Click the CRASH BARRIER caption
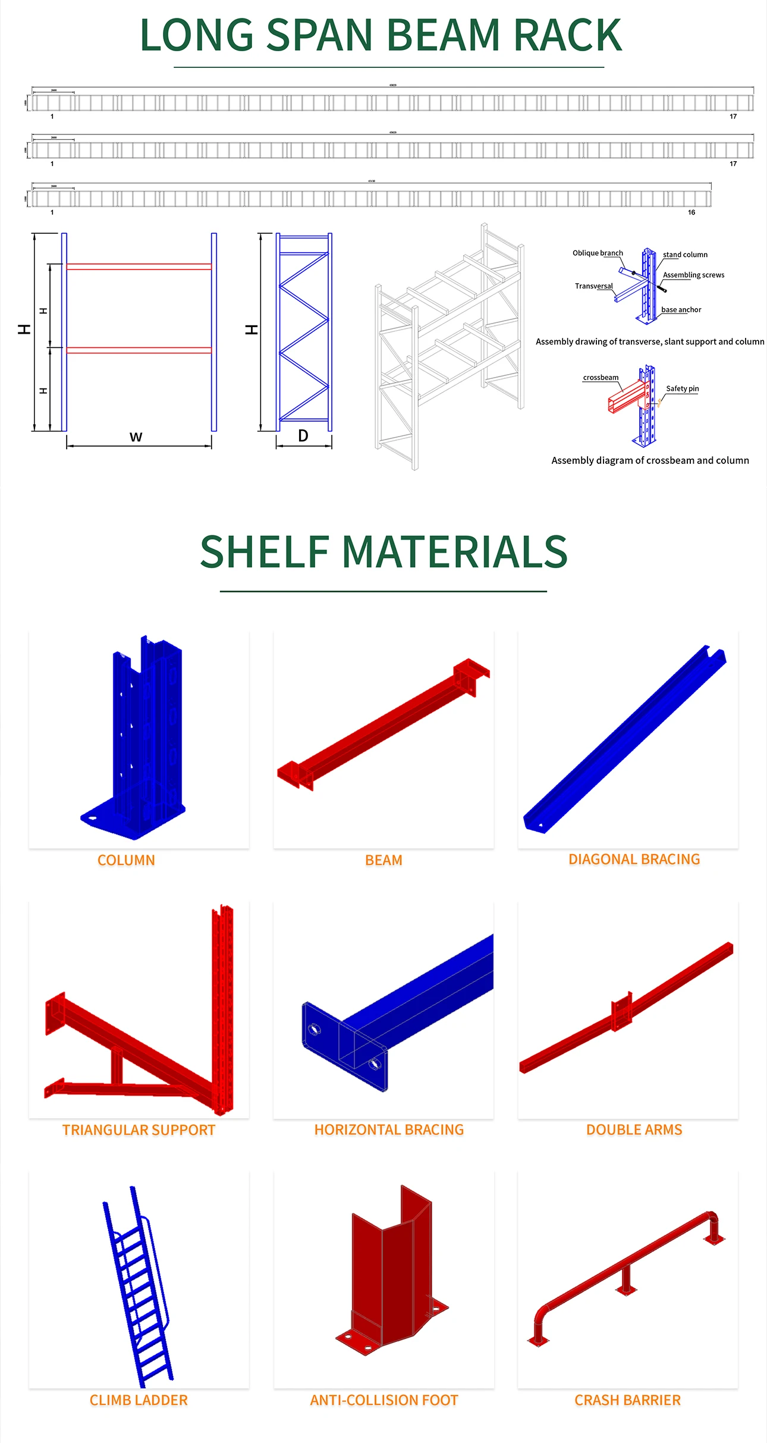(x=627, y=1400)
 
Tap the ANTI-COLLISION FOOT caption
(x=384, y=1400)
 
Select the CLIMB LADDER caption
(x=139, y=1400)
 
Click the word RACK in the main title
(x=567, y=36)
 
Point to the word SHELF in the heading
(x=265, y=552)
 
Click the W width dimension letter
(x=136, y=437)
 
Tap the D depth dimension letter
(x=303, y=436)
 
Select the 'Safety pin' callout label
(x=682, y=388)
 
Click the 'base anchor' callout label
(x=681, y=309)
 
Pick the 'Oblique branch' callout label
(x=598, y=253)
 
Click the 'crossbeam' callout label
(x=601, y=377)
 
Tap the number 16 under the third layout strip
(x=691, y=212)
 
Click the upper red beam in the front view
(x=139, y=266)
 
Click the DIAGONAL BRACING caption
(x=634, y=859)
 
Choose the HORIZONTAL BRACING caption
(x=389, y=1130)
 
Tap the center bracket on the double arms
(x=621, y=1011)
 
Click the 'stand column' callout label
(x=685, y=255)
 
